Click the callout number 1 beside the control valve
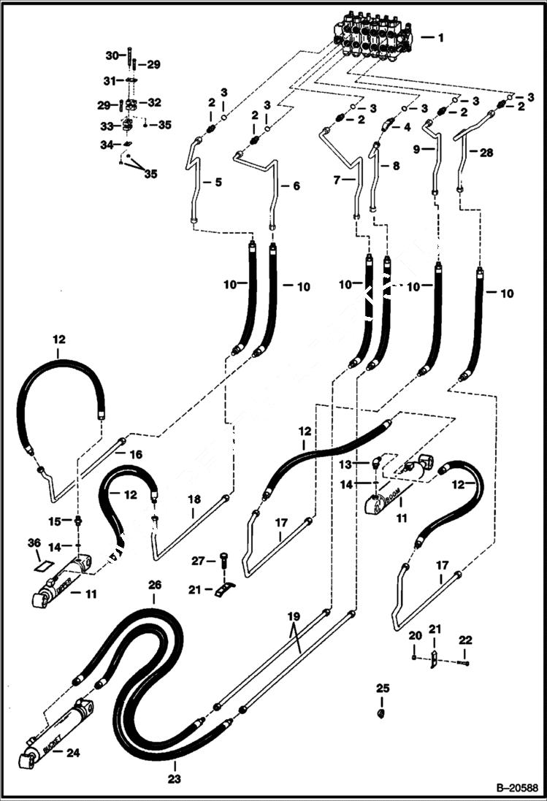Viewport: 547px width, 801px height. (440, 36)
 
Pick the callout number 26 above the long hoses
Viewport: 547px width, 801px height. (153, 585)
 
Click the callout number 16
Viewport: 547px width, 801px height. (136, 454)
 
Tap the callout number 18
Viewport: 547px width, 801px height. (194, 499)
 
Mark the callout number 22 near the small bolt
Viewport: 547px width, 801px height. (467, 640)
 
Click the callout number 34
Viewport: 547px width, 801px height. (105, 145)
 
